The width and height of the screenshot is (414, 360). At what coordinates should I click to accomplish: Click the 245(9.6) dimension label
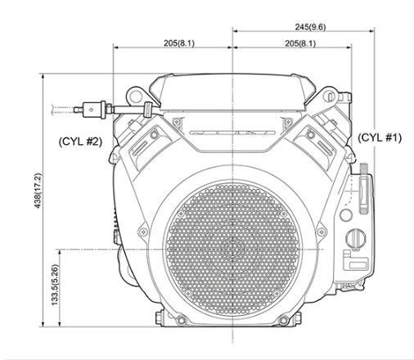[x=310, y=27]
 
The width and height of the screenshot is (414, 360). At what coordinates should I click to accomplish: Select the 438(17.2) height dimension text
[x=38, y=191]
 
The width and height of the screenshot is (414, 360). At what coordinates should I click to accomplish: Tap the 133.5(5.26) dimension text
[x=55, y=286]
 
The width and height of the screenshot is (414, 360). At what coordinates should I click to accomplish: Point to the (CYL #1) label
[x=380, y=137]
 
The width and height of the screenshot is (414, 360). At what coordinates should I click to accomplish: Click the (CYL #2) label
[x=80, y=142]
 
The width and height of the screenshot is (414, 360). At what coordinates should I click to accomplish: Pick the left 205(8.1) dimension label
[x=179, y=43]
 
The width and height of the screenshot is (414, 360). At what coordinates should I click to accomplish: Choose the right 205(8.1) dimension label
[x=300, y=43]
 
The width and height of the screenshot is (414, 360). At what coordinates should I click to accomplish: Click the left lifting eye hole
[x=135, y=97]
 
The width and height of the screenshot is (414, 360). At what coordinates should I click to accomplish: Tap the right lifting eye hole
[x=329, y=96]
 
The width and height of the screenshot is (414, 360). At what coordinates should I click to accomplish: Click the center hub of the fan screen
[x=232, y=250]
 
